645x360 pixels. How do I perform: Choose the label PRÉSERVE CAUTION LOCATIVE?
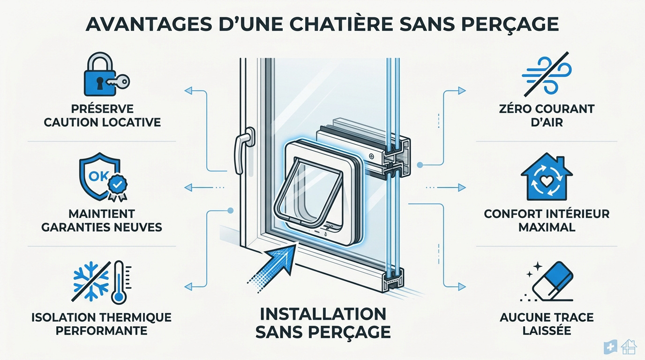click(102, 116)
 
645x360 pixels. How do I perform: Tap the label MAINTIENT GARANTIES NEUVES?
click(102, 220)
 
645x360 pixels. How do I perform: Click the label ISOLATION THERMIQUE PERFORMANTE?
click(101, 324)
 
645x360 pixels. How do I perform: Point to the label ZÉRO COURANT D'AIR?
click(547, 116)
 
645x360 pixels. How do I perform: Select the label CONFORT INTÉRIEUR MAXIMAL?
click(547, 220)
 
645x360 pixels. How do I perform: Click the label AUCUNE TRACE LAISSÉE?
click(547, 324)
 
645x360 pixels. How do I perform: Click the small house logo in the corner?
click(629, 347)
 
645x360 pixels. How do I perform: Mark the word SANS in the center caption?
click(279, 331)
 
